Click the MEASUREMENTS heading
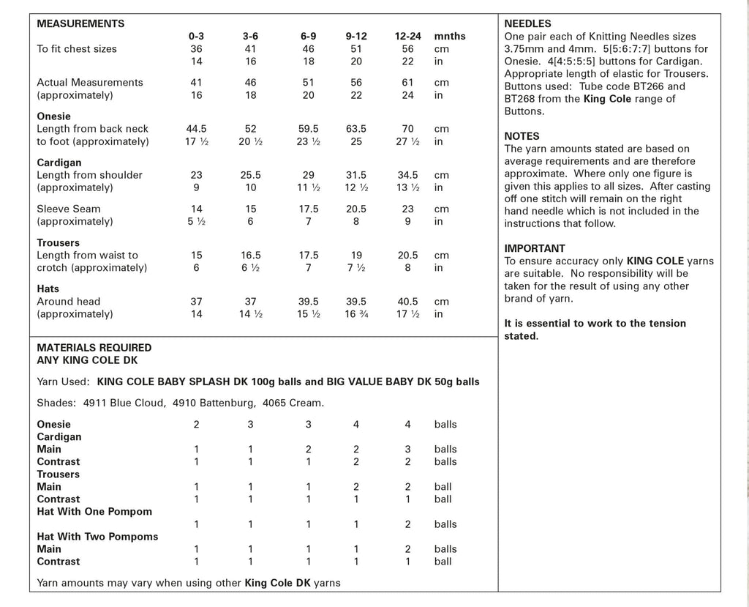pyautogui.click(x=80, y=23)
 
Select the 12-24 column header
pyautogui.click(x=408, y=36)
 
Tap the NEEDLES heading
pyautogui.click(x=528, y=23)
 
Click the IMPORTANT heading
pyautogui.click(x=535, y=248)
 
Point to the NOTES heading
pyautogui.click(x=522, y=136)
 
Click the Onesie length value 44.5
pyautogui.click(x=196, y=129)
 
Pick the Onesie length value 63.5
pyautogui.click(x=356, y=129)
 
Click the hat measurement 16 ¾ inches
pyautogui.click(x=356, y=314)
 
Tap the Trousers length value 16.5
pyautogui.click(x=251, y=256)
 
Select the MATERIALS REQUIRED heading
pyautogui.click(x=94, y=348)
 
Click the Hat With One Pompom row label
pyautogui.click(x=94, y=511)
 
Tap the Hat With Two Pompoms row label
pyautogui.click(x=97, y=537)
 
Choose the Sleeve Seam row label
pyautogui.click(x=69, y=209)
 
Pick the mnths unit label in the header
pyautogui.click(x=450, y=36)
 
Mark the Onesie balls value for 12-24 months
pyautogui.click(x=408, y=425)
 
